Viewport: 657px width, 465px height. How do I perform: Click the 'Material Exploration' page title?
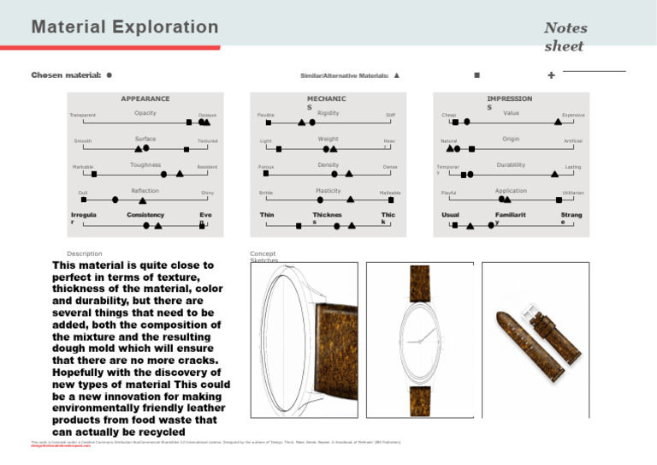click(x=125, y=27)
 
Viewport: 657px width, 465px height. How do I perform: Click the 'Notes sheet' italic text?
click(x=565, y=37)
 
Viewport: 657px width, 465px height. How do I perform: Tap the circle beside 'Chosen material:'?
click(x=110, y=75)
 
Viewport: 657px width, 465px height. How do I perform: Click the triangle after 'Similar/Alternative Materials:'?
click(x=396, y=75)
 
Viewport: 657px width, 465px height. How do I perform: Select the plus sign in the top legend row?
click(x=550, y=76)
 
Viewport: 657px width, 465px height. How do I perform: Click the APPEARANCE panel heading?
click(x=145, y=98)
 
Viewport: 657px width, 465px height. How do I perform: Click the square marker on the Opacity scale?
click(x=188, y=122)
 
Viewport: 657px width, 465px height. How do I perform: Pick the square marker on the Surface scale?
click(x=191, y=148)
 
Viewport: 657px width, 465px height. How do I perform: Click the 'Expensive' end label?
click(x=573, y=115)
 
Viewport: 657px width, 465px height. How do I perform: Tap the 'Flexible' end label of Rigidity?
click(x=266, y=115)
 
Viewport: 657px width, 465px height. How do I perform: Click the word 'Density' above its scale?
click(x=328, y=164)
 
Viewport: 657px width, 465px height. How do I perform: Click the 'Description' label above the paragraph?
click(x=85, y=253)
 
